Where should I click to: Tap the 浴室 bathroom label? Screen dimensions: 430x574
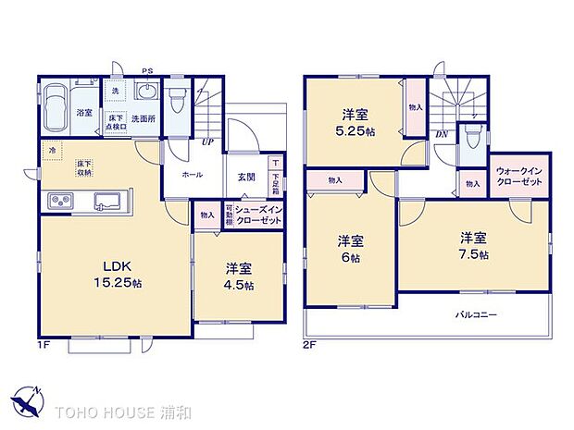(x=84, y=113)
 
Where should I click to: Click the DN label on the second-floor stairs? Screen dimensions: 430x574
(x=443, y=132)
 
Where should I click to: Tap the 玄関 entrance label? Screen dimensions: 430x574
(x=246, y=176)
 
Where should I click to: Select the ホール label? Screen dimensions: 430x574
(x=193, y=174)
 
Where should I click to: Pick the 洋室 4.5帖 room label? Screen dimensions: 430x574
(x=238, y=276)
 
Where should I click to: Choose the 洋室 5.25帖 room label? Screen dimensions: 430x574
(x=356, y=123)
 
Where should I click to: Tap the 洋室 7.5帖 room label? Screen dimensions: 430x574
(x=474, y=244)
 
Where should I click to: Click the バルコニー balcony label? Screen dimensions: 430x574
(x=477, y=314)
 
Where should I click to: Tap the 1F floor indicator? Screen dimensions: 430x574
(x=44, y=344)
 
